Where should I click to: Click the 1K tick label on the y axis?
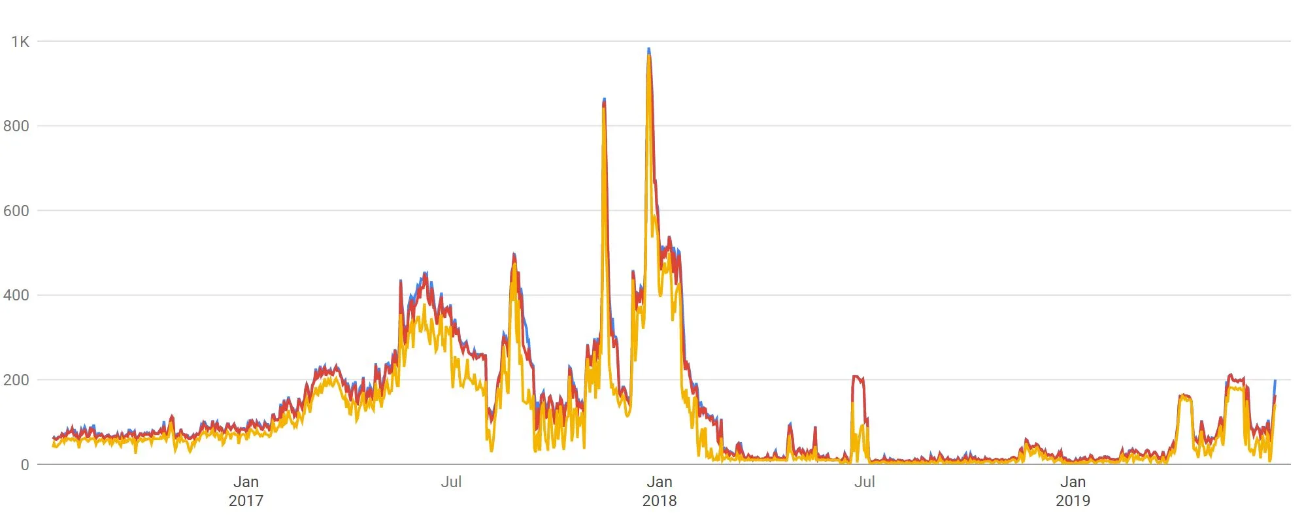[x=20, y=42]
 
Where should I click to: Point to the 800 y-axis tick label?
[x=16, y=126]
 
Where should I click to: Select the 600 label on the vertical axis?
[x=16, y=211]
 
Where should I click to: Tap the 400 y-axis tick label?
[x=16, y=295]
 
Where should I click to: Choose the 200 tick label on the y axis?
[x=16, y=380]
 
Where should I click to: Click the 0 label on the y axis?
[x=25, y=465]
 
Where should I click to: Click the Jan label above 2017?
[x=246, y=482]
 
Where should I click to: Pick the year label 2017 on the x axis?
[x=246, y=501]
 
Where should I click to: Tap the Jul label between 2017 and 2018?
[x=451, y=482]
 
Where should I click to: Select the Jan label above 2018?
[x=660, y=482]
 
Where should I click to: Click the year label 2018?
[x=660, y=501]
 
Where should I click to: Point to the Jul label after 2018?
[x=864, y=482]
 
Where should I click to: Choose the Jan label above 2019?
[x=1073, y=482]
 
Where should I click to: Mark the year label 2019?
[x=1073, y=501]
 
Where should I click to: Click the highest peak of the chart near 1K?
[x=648, y=50]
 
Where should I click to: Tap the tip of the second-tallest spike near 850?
[x=604, y=100]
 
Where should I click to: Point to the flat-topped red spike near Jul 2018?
[x=858, y=377]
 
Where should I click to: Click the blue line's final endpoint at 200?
[x=1275, y=380]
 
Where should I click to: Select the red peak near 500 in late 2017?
[x=514, y=255]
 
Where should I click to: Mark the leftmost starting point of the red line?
[x=54, y=438]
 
